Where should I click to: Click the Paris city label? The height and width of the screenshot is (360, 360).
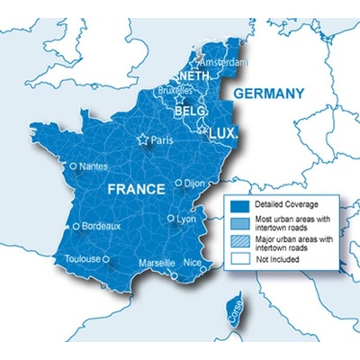coord(163,140)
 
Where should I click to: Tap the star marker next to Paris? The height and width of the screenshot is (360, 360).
coord(142,140)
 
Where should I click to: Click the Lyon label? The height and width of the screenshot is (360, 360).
coord(186,219)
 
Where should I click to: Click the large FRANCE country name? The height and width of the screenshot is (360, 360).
coord(137,190)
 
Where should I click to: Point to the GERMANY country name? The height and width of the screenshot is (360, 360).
coord(269,94)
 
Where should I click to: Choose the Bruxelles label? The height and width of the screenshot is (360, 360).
coord(173,90)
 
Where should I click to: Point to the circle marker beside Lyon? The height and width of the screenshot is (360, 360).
coord(171,219)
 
